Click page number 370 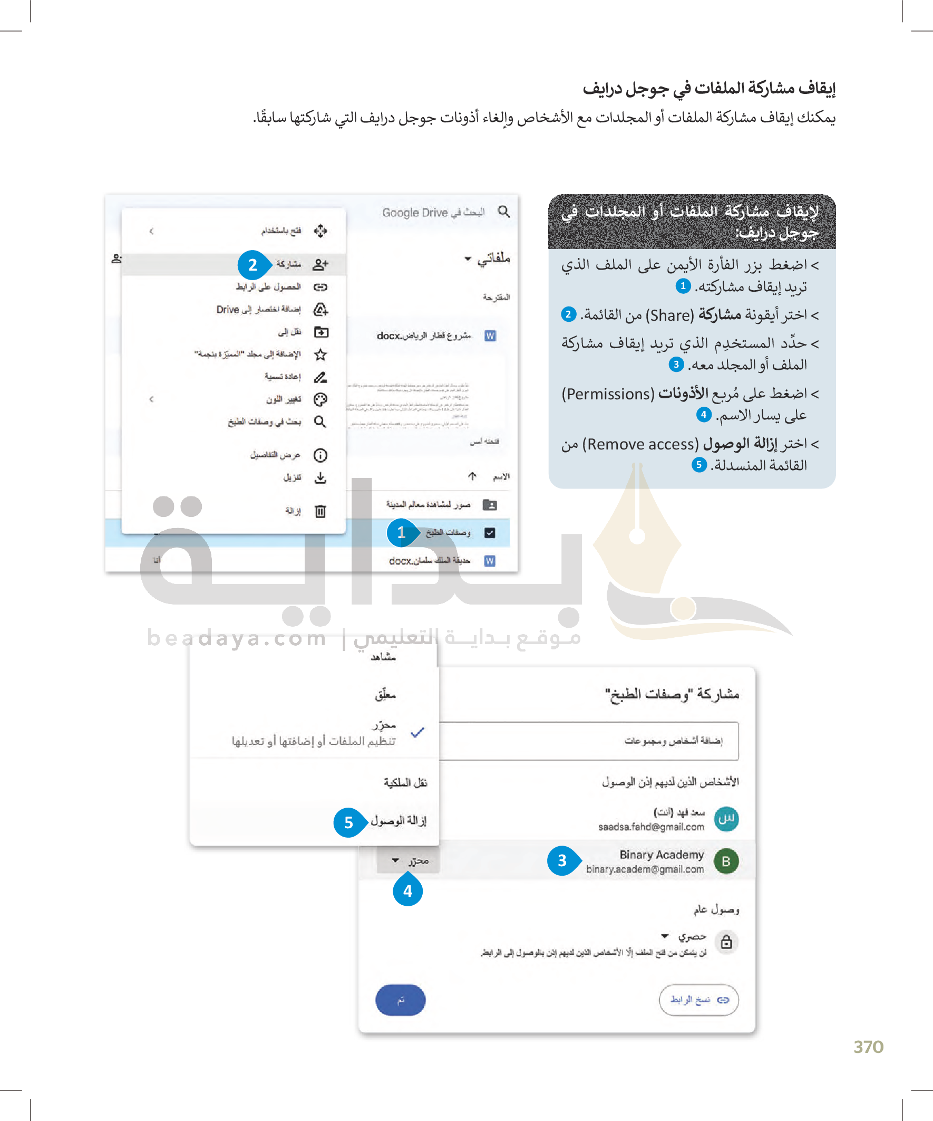(868, 1047)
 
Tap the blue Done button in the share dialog (401, 1000)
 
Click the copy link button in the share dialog (698, 1000)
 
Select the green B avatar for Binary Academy (725, 861)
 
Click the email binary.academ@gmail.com (645, 869)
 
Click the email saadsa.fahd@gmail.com (651, 827)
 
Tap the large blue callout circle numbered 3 (562, 860)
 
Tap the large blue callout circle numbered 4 (407, 890)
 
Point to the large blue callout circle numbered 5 (348, 822)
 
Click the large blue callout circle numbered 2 (253, 265)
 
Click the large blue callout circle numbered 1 (401, 533)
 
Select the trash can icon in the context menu (320, 511)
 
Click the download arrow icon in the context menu (320, 477)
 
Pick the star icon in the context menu (320, 354)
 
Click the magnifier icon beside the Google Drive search (503, 212)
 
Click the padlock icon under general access (726, 942)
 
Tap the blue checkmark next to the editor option (417, 732)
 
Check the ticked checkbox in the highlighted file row (490, 533)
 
